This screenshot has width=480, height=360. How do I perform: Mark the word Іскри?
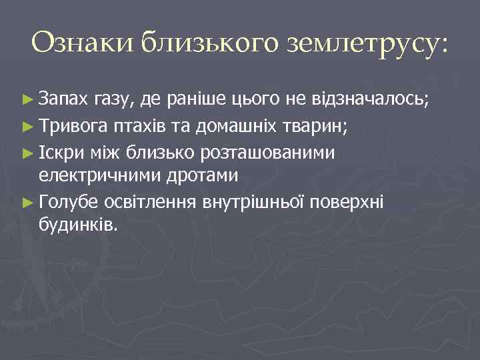[60, 153]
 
